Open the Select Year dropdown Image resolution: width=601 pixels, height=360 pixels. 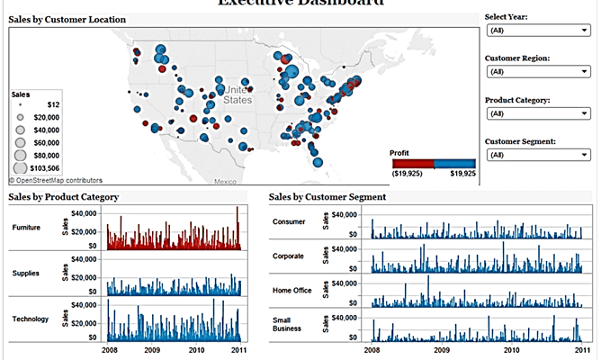pyautogui.click(x=536, y=31)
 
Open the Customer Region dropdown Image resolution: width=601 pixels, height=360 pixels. pyautogui.click(x=536, y=72)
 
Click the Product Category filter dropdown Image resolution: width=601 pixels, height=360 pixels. pyautogui.click(x=536, y=114)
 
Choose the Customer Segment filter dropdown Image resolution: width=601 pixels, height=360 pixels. pyautogui.click(x=536, y=155)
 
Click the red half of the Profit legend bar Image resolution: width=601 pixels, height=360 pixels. pyautogui.click(x=412, y=163)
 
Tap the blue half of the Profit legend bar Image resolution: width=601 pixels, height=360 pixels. pyautogui.click(x=454, y=163)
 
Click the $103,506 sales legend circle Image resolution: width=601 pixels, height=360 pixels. pyautogui.click(x=21, y=167)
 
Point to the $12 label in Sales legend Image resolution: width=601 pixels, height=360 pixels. pyautogui.click(x=53, y=104)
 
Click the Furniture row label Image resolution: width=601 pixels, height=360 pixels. pyautogui.click(x=26, y=228)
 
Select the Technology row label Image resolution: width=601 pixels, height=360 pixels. pyautogui.click(x=31, y=319)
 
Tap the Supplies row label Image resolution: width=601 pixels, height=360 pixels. pyautogui.click(x=25, y=273)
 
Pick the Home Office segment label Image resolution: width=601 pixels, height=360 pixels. pyautogui.click(x=290, y=291)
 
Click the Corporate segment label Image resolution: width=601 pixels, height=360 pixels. pyautogui.click(x=288, y=256)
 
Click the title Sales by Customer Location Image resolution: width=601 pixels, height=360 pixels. pyautogui.click(x=67, y=19)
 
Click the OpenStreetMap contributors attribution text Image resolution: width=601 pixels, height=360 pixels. pyautogui.click(x=56, y=180)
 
